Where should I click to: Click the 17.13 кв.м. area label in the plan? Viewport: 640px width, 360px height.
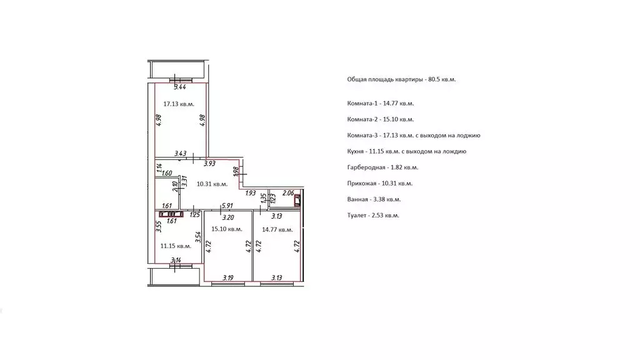[178, 104]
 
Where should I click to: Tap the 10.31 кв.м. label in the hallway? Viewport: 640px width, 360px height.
[211, 184]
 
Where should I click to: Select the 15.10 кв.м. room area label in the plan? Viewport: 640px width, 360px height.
[226, 229]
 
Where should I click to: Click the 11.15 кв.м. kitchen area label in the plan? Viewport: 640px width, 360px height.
[176, 246]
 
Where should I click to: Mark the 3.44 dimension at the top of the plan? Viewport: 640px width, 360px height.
[181, 87]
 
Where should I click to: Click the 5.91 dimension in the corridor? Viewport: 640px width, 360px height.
[227, 206]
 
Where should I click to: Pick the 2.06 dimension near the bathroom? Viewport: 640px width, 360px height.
[288, 193]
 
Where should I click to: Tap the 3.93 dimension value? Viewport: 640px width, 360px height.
[209, 164]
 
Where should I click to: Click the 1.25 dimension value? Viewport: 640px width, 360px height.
[194, 216]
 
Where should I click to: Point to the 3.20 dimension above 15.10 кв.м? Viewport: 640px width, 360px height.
[227, 217]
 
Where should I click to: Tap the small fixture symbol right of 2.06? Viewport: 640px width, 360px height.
[297, 201]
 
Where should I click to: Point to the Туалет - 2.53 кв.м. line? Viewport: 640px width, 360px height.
[372, 216]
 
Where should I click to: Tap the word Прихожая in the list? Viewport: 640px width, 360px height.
[361, 184]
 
